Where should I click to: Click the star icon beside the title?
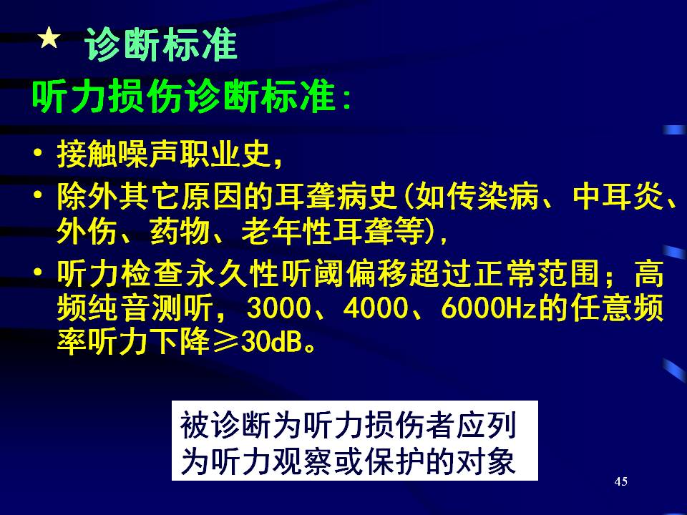point(49,38)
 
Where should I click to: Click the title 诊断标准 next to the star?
point(161,44)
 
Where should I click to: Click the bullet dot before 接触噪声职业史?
point(38,153)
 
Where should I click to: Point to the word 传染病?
point(477,196)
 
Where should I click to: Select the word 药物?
point(179,230)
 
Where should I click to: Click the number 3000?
point(278,308)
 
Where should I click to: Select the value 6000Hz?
point(489,308)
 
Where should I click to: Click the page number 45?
point(621,481)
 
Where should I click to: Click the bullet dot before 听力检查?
point(38,273)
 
